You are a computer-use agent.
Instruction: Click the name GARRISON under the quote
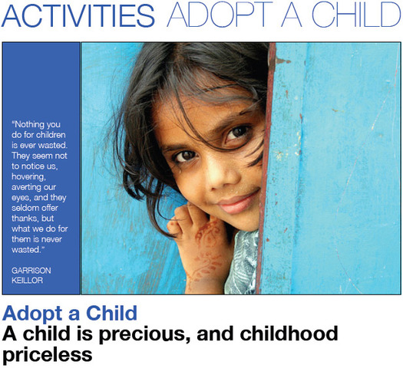coord(29,270)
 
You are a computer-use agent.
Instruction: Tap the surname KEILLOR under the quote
coord(26,280)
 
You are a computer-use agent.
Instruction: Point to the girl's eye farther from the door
coord(184,156)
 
